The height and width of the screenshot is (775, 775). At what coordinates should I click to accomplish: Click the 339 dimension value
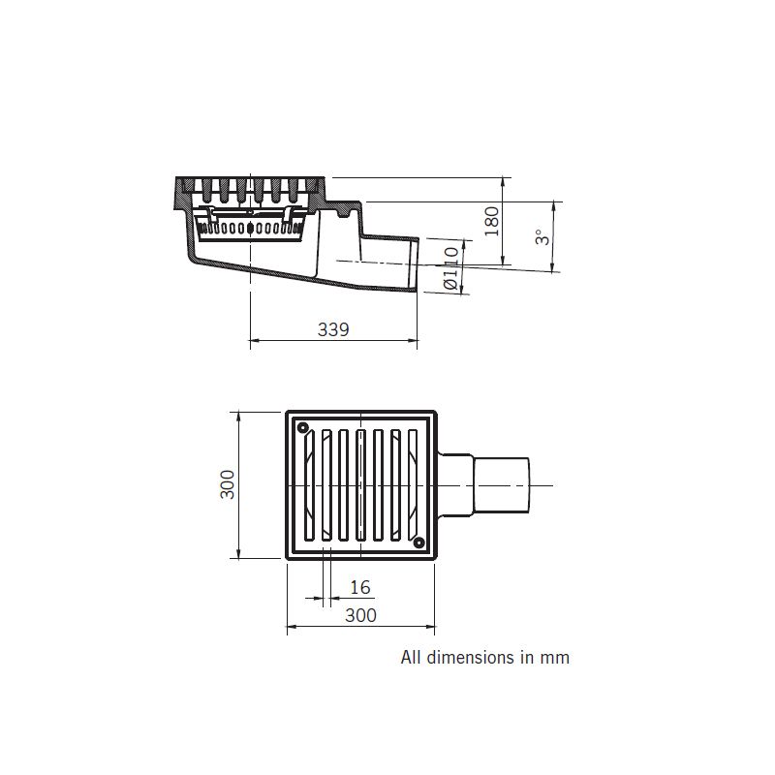(333, 329)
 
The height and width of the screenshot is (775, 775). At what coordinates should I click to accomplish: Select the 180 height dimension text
(492, 221)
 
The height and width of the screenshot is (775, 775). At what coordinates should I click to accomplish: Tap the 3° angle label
(542, 236)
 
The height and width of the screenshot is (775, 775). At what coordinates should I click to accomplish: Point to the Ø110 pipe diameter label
(450, 268)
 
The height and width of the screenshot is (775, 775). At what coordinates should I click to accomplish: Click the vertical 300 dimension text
(228, 484)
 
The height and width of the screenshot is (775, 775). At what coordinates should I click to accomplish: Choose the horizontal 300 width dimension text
(360, 615)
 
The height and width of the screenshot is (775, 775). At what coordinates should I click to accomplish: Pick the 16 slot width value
(359, 587)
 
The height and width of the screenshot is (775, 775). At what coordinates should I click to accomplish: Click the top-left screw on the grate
(303, 426)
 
